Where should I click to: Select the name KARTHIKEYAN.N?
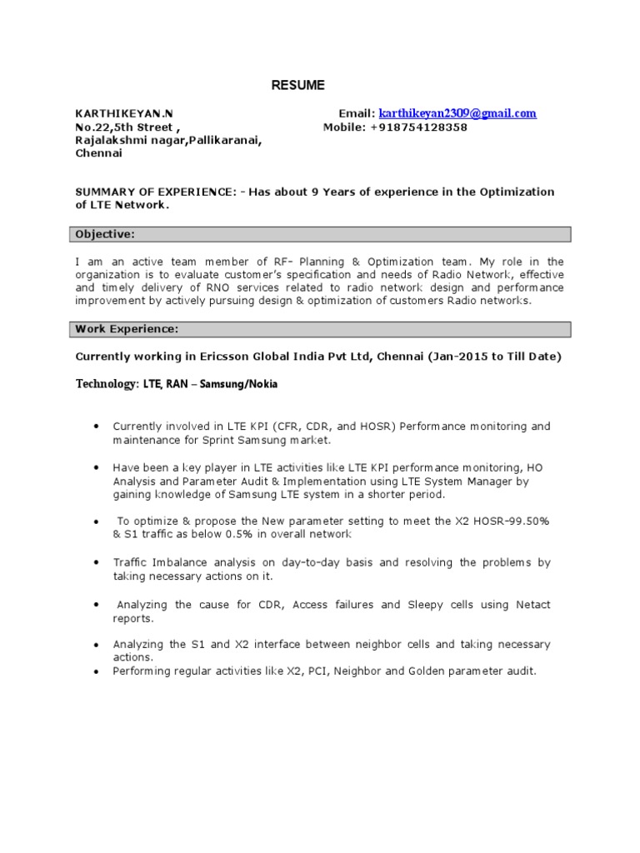click(125, 113)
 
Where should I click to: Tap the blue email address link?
click(457, 113)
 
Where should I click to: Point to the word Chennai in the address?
click(99, 154)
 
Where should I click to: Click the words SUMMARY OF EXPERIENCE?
click(155, 192)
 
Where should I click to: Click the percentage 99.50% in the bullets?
click(526, 521)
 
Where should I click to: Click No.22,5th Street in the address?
click(124, 127)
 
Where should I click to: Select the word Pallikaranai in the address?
click(224, 141)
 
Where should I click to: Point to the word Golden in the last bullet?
click(424, 670)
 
